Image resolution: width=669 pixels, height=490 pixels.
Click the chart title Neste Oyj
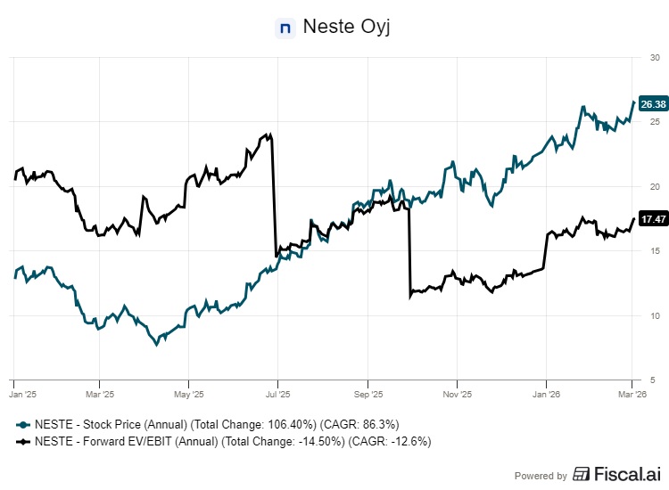tap(347, 27)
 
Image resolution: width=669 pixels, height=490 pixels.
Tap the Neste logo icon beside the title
tap(285, 28)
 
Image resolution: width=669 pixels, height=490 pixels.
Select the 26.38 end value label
tap(652, 103)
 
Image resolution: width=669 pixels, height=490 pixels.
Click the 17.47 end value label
tap(652, 219)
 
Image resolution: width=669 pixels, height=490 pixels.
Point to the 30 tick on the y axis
tap(654, 57)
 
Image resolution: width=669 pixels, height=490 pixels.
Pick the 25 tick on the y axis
tap(654, 122)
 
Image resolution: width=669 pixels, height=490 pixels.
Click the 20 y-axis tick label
tap(654, 186)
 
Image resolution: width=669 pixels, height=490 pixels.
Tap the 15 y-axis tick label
tap(654, 251)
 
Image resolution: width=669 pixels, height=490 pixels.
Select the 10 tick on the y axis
tap(654, 315)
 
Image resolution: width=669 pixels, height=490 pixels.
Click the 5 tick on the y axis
tap(656, 380)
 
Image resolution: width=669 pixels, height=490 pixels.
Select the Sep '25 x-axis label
tap(368, 393)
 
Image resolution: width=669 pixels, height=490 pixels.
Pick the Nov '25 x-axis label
tap(457, 393)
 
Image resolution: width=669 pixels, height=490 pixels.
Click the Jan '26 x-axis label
tap(547, 393)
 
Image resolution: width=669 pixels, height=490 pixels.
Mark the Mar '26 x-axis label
tap(632, 393)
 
